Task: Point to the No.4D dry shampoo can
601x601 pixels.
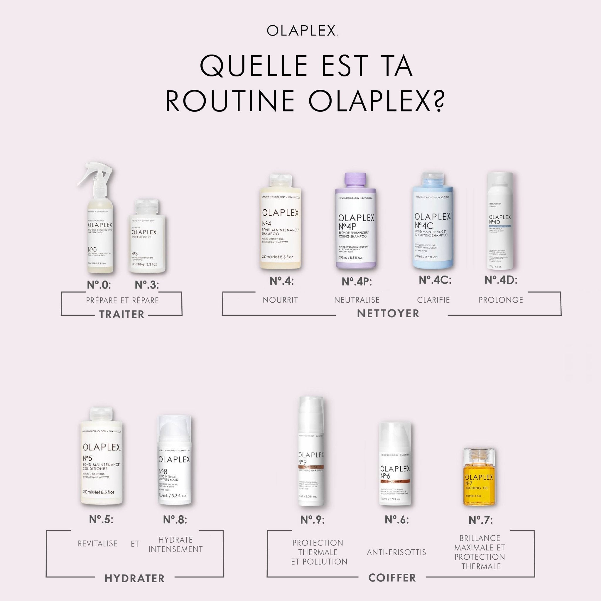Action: click(x=500, y=224)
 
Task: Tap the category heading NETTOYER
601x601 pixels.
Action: click(x=388, y=313)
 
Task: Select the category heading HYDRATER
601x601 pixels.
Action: click(x=135, y=578)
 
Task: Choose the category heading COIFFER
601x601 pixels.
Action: click(x=392, y=578)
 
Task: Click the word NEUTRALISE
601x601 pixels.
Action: click(x=357, y=300)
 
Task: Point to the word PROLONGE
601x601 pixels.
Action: click(x=501, y=300)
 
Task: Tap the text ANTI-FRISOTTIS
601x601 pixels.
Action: click(x=396, y=552)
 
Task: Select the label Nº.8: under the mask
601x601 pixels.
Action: click(x=175, y=519)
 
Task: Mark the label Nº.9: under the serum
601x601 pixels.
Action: click(x=312, y=519)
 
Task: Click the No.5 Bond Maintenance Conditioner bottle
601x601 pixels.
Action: click(x=101, y=463)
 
